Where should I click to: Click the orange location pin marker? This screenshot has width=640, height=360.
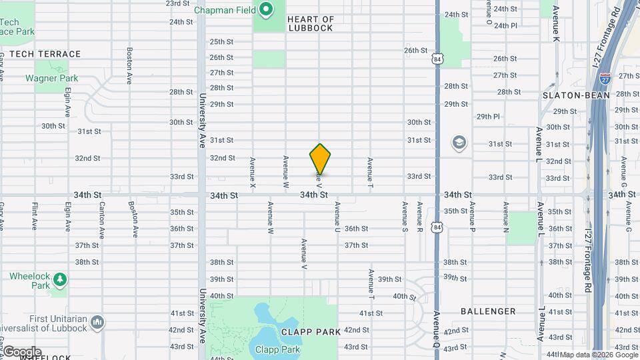[320, 159]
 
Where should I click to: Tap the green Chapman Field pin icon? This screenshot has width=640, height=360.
[266, 9]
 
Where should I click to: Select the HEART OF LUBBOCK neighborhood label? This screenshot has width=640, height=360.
[310, 24]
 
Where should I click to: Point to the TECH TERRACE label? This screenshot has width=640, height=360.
[45, 54]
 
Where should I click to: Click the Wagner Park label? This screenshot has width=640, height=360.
[52, 78]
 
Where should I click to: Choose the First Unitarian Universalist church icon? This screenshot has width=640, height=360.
[97, 323]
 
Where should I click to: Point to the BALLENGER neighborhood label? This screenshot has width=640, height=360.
[488, 311]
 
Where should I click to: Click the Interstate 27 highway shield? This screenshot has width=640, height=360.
[605, 78]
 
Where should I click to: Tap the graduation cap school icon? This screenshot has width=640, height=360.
[459, 142]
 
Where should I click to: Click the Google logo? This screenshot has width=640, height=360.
[21, 352]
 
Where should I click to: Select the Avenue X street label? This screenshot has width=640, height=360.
[252, 171]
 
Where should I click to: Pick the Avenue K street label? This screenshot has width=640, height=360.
[555, 27]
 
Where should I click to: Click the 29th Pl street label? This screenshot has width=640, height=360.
[488, 116]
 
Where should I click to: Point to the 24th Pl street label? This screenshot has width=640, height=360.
[505, 25]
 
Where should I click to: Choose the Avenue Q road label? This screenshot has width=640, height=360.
[436, 325]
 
